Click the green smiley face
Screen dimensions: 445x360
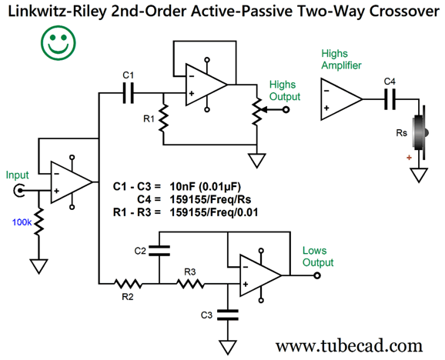pyautogui.click(x=59, y=42)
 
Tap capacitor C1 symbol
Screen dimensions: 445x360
pyautogui.click(x=128, y=93)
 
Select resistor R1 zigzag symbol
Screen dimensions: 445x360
pyautogui.click(x=163, y=118)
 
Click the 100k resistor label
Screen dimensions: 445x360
pyautogui.click(x=22, y=222)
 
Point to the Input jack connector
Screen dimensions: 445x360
pyautogui.click(x=18, y=190)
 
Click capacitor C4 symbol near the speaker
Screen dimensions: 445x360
pyautogui.click(x=390, y=99)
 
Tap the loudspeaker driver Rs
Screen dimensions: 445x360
pyautogui.click(x=420, y=132)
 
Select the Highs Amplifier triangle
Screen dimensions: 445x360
pyautogui.click(x=341, y=99)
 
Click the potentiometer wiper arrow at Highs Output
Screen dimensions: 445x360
pyautogui.click(x=272, y=109)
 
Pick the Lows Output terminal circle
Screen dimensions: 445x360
pyautogui.click(x=317, y=275)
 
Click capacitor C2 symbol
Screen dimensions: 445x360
pyautogui.click(x=159, y=251)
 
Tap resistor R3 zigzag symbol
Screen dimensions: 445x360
pyautogui.click(x=190, y=284)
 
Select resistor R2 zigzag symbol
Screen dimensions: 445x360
pyautogui.click(x=128, y=284)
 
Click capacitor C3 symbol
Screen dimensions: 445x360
pyautogui.click(x=228, y=315)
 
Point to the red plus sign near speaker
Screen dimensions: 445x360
pyautogui.click(x=409, y=158)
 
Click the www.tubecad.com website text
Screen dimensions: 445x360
pyautogui.click(x=349, y=345)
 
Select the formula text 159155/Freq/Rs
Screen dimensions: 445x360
pyautogui.click(x=210, y=199)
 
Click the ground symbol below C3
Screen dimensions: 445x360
pyautogui.click(x=228, y=348)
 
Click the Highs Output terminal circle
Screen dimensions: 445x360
pyautogui.click(x=286, y=109)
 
